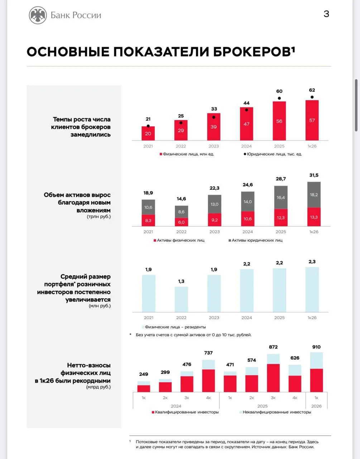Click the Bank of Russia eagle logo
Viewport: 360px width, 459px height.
(x=38, y=15)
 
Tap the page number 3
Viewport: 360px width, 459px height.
(x=326, y=14)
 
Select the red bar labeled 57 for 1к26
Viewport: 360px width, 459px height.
(x=312, y=120)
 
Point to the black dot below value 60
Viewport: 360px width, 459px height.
(x=279, y=98)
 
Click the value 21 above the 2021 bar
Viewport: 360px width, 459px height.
(x=148, y=119)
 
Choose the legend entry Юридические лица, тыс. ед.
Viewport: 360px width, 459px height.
(x=273, y=154)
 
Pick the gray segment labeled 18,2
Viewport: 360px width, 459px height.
(x=314, y=195)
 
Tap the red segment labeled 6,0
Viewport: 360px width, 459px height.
(x=181, y=222)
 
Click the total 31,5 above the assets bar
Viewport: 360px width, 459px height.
(x=314, y=175)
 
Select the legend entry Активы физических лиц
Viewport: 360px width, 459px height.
(x=179, y=240)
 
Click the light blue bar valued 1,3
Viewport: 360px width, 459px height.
(x=181, y=299)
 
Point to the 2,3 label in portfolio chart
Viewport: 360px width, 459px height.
(x=312, y=262)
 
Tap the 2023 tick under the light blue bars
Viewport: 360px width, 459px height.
(x=214, y=318)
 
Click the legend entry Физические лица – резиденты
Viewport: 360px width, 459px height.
(x=174, y=327)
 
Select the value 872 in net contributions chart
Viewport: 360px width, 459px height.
(x=273, y=347)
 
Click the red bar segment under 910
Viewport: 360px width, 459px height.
(x=316, y=380)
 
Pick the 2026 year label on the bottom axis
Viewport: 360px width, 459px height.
(x=316, y=406)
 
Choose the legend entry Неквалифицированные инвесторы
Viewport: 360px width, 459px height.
(x=275, y=412)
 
